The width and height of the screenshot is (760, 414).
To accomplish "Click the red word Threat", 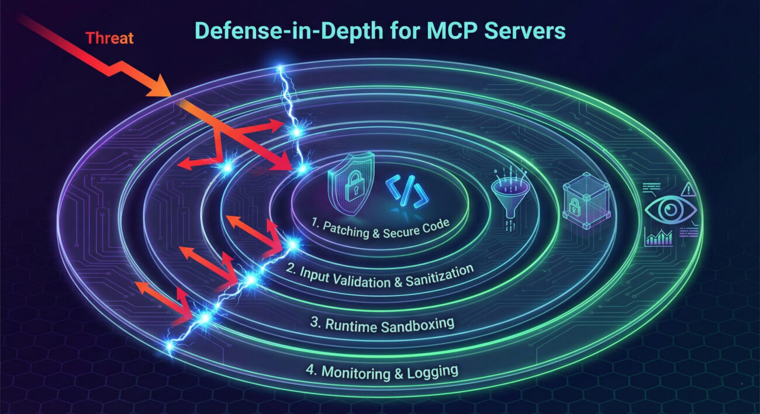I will [110, 39].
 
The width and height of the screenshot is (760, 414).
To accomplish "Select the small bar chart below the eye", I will [658, 237].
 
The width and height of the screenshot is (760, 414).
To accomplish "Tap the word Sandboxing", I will [418, 324].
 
